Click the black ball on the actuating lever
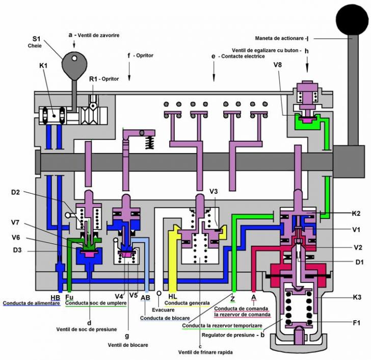(352, 20)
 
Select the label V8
(278, 64)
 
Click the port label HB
(55, 297)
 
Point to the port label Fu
(69, 297)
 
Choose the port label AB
(145, 297)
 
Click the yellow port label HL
(173, 296)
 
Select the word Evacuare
(163, 310)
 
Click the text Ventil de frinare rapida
(205, 352)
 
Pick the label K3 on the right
(357, 297)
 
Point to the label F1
(356, 323)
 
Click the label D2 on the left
(16, 192)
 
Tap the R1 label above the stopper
(93, 79)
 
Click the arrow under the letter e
(214, 71)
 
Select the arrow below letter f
(129, 70)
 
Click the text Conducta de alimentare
(31, 303)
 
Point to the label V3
(214, 191)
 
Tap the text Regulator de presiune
(228, 335)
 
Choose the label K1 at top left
(43, 66)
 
